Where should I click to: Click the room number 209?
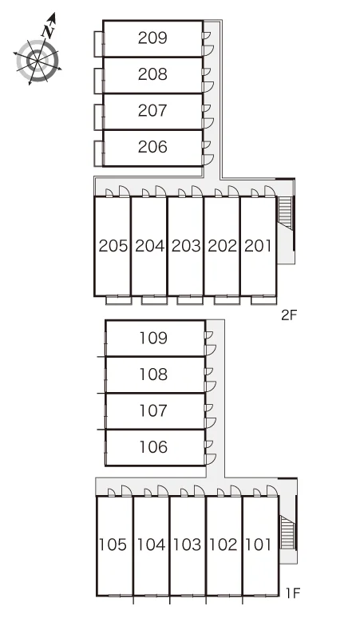(x=152, y=38)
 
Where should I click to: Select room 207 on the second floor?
(x=152, y=111)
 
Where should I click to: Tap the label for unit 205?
(x=113, y=246)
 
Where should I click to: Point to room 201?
(x=258, y=246)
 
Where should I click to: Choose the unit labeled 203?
(x=186, y=246)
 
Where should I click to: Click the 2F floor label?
(x=288, y=315)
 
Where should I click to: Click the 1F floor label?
(x=293, y=592)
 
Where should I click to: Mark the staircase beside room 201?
(x=285, y=213)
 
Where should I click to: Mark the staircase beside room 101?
(x=287, y=532)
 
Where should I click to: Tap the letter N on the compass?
(x=49, y=32)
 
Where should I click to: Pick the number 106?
(x=153, y=447)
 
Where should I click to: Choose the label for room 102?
(x=224, y=545)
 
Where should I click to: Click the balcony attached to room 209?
(x=99, y=44)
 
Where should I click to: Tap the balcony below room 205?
(x=119, y=300)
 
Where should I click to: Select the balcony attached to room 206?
(x=99, y=153)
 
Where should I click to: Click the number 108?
(x=153, y=374)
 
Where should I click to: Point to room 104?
(x=151, y=545)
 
